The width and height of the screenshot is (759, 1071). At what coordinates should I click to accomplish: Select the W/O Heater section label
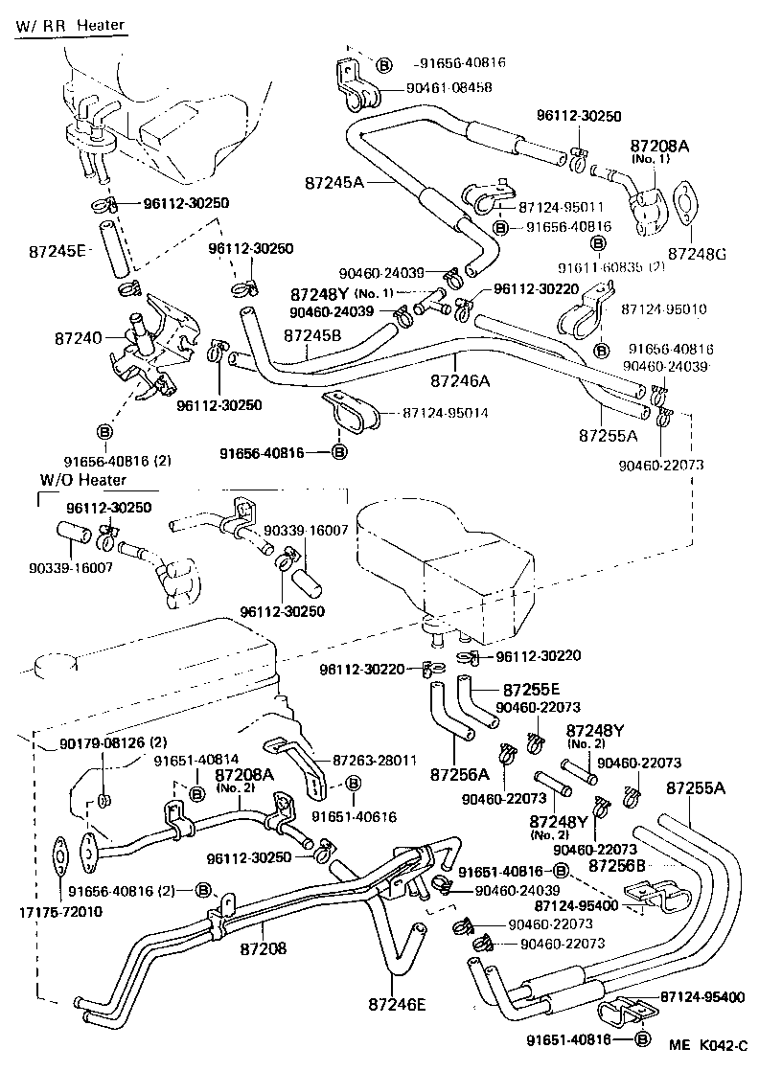tap(83, 479)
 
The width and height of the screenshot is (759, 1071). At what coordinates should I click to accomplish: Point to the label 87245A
tap(334, 181)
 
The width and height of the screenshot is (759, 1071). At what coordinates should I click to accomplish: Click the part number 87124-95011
tap(561, 206)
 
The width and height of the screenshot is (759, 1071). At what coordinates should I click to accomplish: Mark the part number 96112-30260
tap(251, 249)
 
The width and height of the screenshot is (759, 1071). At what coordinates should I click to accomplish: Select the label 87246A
tap(459, 380)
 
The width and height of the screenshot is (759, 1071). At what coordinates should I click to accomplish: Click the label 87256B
tap(616, 865)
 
